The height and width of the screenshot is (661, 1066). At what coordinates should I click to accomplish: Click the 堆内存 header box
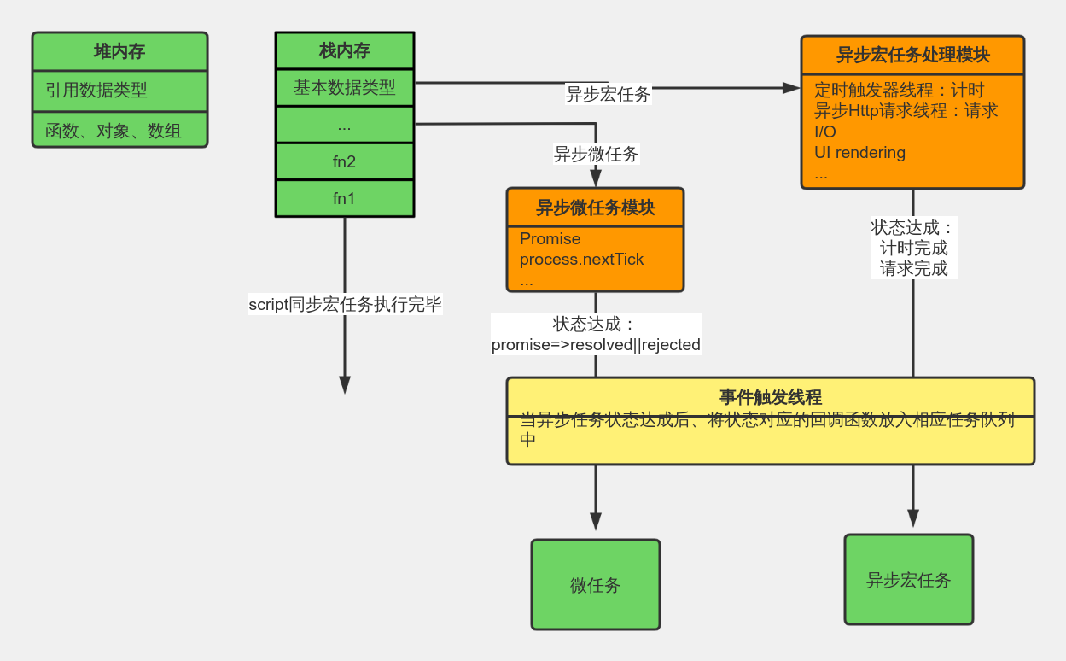[119, 51]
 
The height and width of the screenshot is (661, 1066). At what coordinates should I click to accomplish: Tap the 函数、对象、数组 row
[119, 131]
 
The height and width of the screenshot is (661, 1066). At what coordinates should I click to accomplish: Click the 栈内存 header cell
[345, 50]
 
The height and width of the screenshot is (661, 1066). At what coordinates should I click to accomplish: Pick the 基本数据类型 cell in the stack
[345, 87]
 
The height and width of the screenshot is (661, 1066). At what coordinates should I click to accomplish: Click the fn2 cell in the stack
[345, 161]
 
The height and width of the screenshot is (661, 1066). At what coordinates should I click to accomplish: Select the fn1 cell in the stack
[345, 199]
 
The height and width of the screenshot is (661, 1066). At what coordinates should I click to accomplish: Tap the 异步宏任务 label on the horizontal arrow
[609, 95]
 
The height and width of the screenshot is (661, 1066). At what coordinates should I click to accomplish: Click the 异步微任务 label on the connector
[597, 155]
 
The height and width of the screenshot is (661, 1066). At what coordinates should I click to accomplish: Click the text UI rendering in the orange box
[859, 153]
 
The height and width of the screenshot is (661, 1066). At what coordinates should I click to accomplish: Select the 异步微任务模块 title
[595, 208]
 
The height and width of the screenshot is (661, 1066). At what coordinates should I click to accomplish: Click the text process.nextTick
[581, 259]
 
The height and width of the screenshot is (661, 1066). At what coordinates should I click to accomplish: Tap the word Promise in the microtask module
[550, 239]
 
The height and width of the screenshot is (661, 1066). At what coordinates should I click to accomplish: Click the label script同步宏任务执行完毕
[346, 304]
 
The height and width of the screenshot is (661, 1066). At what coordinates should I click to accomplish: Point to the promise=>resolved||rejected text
[596, 345]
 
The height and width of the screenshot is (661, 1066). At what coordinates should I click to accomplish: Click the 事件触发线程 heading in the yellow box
[770, 397]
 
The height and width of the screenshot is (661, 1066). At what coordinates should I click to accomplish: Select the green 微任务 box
[596, 585]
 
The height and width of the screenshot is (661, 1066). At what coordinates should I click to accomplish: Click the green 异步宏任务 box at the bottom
[908, 580]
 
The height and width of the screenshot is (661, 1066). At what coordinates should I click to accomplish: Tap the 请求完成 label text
[914, 268]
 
